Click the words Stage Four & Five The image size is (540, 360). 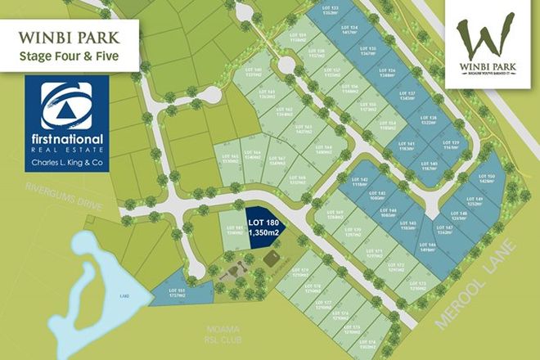tap(70, 56)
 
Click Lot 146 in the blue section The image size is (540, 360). tap(425, 247)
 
